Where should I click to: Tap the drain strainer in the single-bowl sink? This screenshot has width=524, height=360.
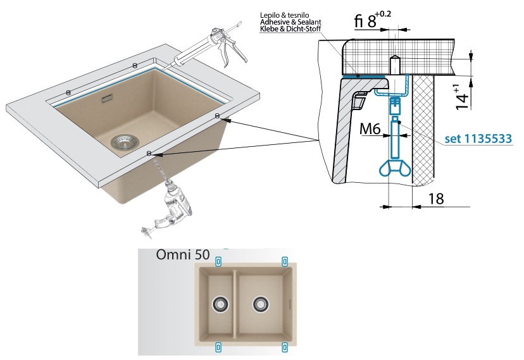(x=120, y=141)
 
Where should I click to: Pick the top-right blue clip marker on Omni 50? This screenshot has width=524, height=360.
(x=285, y=261)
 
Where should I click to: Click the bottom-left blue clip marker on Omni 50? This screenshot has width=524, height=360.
(x=219, y=346)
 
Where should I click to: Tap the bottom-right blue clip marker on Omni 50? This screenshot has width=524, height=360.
(x=285, y=346)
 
